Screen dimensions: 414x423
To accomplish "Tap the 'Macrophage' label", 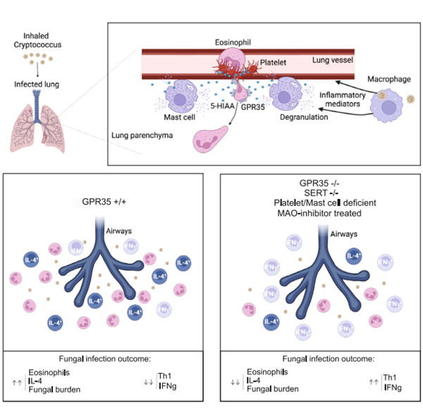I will coord(388,77).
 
